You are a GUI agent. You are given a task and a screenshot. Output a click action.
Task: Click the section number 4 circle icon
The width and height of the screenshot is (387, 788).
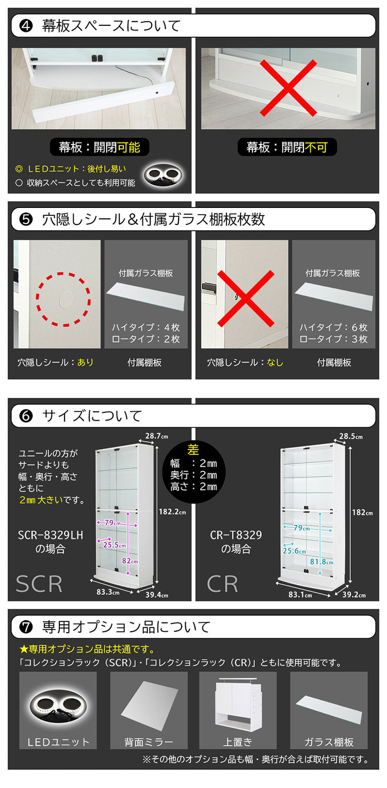(26, 26)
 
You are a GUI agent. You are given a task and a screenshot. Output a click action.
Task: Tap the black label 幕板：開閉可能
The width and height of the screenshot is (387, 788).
(99, 148)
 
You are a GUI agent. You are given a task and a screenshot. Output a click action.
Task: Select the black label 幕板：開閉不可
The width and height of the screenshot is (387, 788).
(287, 148)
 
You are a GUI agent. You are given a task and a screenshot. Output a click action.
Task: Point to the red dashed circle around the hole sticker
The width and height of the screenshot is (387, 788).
(63, 299)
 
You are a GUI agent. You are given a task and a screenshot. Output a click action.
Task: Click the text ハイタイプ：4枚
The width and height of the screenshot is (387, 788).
(146, 327)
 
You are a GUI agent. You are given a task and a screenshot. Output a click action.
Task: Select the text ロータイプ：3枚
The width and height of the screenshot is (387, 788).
(333, 339)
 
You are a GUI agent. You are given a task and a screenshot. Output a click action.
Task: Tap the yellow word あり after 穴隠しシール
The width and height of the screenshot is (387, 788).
(86, 362)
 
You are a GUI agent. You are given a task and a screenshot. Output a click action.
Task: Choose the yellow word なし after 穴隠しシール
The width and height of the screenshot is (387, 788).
(275, 362)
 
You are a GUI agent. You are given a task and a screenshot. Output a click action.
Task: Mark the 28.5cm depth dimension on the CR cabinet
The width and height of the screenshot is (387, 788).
(351, 437)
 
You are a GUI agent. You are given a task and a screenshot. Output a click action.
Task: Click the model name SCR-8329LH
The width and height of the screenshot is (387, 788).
(50, 535)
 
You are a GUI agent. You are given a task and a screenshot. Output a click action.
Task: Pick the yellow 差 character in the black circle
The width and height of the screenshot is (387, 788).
(193, 449)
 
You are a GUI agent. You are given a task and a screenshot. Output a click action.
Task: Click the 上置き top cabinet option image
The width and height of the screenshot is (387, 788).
(238, 703)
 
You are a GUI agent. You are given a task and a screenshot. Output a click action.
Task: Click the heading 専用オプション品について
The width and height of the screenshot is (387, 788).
(126, 627)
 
